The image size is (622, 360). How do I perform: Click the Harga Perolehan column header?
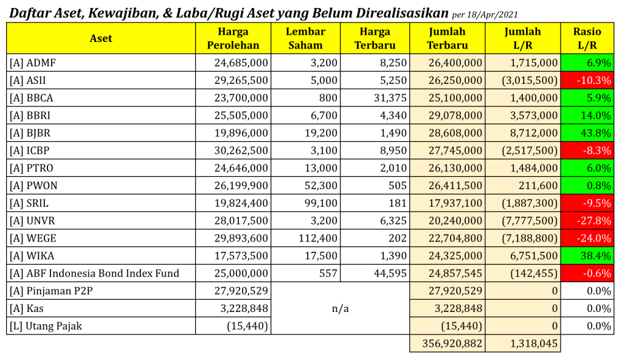(233, 38)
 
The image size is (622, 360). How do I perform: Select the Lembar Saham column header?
(305, 38)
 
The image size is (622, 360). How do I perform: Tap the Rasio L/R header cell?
(587, 38)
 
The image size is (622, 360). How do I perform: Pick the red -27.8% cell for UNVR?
(587, 221)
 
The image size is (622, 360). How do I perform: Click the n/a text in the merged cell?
(340, 308)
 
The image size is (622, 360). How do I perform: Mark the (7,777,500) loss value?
(530, 221)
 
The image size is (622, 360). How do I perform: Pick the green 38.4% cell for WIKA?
(587, 256)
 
